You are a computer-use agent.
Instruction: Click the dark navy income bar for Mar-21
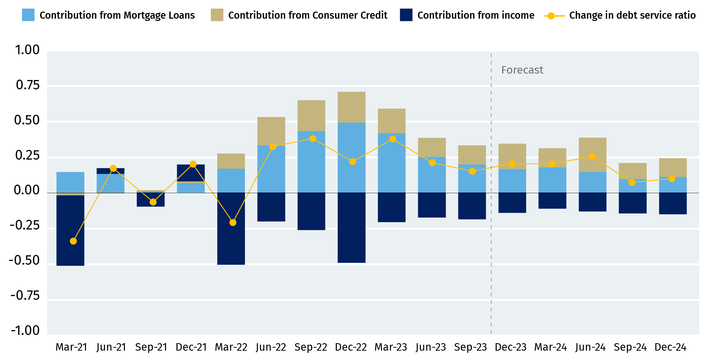point(70,230)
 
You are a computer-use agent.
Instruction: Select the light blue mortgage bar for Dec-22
point(352,157)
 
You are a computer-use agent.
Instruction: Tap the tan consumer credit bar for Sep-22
point(311,116)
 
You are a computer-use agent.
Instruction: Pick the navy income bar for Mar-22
point(231,228)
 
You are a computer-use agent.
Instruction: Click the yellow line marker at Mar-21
point(73,241)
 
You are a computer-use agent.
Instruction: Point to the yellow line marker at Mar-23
point(392,139)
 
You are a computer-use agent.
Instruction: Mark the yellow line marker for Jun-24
point(592,156)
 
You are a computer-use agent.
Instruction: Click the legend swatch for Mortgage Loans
point(28,15)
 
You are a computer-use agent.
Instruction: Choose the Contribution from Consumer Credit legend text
point(308,15)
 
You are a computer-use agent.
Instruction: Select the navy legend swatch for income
point(406,15)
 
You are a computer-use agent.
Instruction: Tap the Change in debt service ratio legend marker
point(551,16)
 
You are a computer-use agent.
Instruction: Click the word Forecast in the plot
point(522,70)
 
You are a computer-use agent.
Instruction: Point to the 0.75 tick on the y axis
point(28,85)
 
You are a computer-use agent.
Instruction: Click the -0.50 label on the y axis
point(24,260)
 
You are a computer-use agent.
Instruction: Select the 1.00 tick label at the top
point(27,50)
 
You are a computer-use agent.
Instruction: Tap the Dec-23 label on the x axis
point(510,347)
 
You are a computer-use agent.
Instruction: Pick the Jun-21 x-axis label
point(111,347)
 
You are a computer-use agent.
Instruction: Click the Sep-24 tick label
point(630,347)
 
